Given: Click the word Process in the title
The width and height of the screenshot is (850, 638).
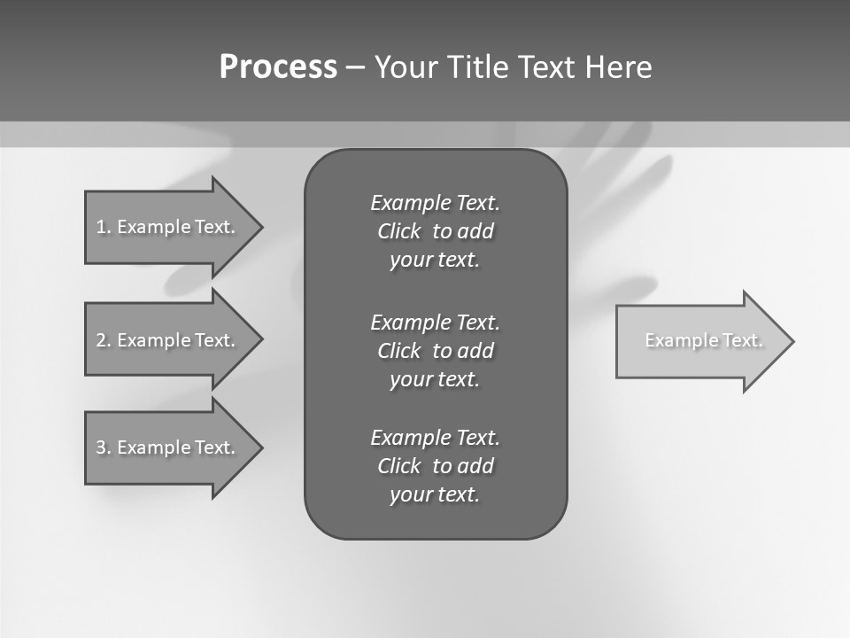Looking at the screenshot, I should (278, 67).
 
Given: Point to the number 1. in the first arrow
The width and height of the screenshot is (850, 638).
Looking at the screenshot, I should (104, 227).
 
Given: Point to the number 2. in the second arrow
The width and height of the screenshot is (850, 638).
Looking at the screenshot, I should (104, 340).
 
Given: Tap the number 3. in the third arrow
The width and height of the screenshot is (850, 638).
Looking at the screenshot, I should (104, 447).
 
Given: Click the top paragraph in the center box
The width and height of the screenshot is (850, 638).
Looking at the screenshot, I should (435, 231).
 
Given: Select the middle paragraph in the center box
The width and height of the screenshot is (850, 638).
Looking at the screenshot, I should (435, 350).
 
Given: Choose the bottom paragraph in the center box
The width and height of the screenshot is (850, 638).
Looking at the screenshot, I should (435, 466).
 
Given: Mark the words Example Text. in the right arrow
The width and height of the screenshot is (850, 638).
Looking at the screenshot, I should (704, 340).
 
